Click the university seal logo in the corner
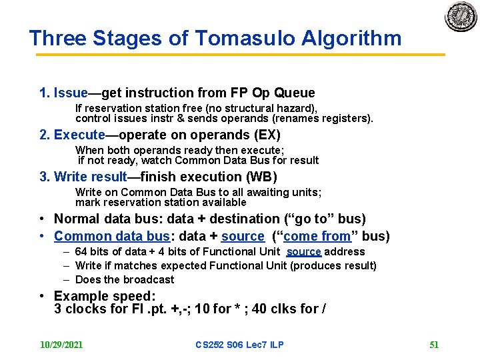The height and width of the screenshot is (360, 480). (x=461, y=17)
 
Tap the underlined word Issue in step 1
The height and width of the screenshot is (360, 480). (x=71, y=93)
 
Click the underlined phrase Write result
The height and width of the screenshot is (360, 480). (x=90, y=177)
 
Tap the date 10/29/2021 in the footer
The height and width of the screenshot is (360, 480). (x=61, y=345)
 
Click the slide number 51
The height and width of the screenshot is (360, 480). (x=434, y=345)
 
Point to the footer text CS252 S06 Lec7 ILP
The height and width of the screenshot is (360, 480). (x=239, y=345)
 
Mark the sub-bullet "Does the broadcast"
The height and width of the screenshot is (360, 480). (x=125, y=279)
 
